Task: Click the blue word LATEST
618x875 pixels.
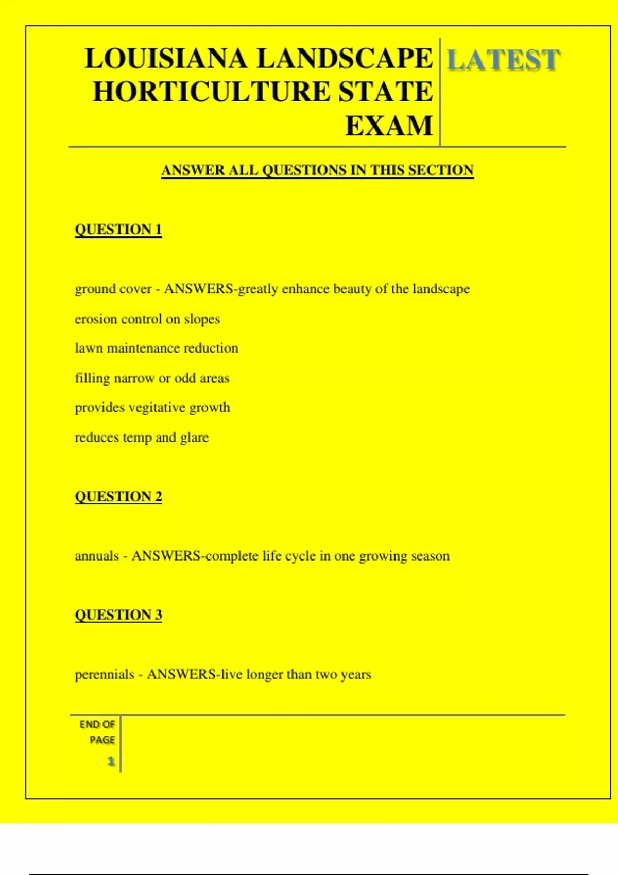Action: coord(503,60)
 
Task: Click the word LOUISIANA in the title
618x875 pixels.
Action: coord(166,58)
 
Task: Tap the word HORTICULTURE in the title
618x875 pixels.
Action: coord(211,92)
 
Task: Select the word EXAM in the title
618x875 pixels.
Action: coord(389,126)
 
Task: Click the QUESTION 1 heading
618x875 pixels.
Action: coord(118,229)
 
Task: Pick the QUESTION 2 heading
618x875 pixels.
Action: coord(118,496)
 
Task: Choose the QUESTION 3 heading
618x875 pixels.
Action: coord(118,615)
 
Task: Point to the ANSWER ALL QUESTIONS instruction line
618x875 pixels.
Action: coord(317,170)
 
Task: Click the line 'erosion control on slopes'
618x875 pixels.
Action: coord(147,319)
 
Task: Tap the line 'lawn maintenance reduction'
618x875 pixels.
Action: coord(157,348)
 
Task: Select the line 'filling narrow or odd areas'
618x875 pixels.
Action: coord(152,378)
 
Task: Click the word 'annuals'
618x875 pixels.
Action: coord(97,556)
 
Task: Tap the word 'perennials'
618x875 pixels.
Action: coord(105,674)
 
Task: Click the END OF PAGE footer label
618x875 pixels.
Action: coord(98,732)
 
